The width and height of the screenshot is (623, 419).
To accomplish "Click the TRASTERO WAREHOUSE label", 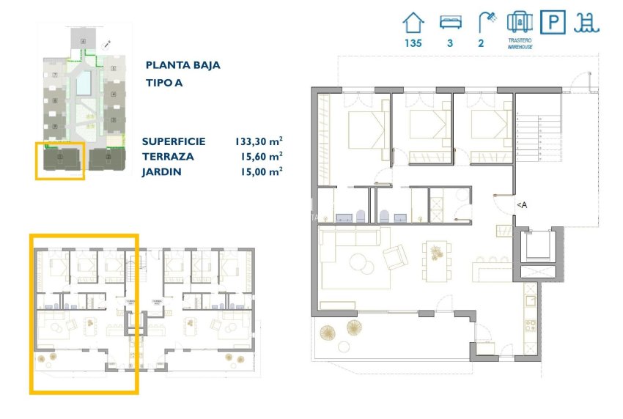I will [519, 44].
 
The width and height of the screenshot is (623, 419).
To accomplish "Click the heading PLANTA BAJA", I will [183, 65].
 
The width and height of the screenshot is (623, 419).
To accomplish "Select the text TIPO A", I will [163, 83].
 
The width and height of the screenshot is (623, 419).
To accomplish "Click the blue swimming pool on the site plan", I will [84, 84].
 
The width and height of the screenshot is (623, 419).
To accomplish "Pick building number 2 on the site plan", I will [108, 157].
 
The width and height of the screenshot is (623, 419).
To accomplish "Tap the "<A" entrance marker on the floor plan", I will [521, 206].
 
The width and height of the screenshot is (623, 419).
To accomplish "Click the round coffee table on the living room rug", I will [359, 262].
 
